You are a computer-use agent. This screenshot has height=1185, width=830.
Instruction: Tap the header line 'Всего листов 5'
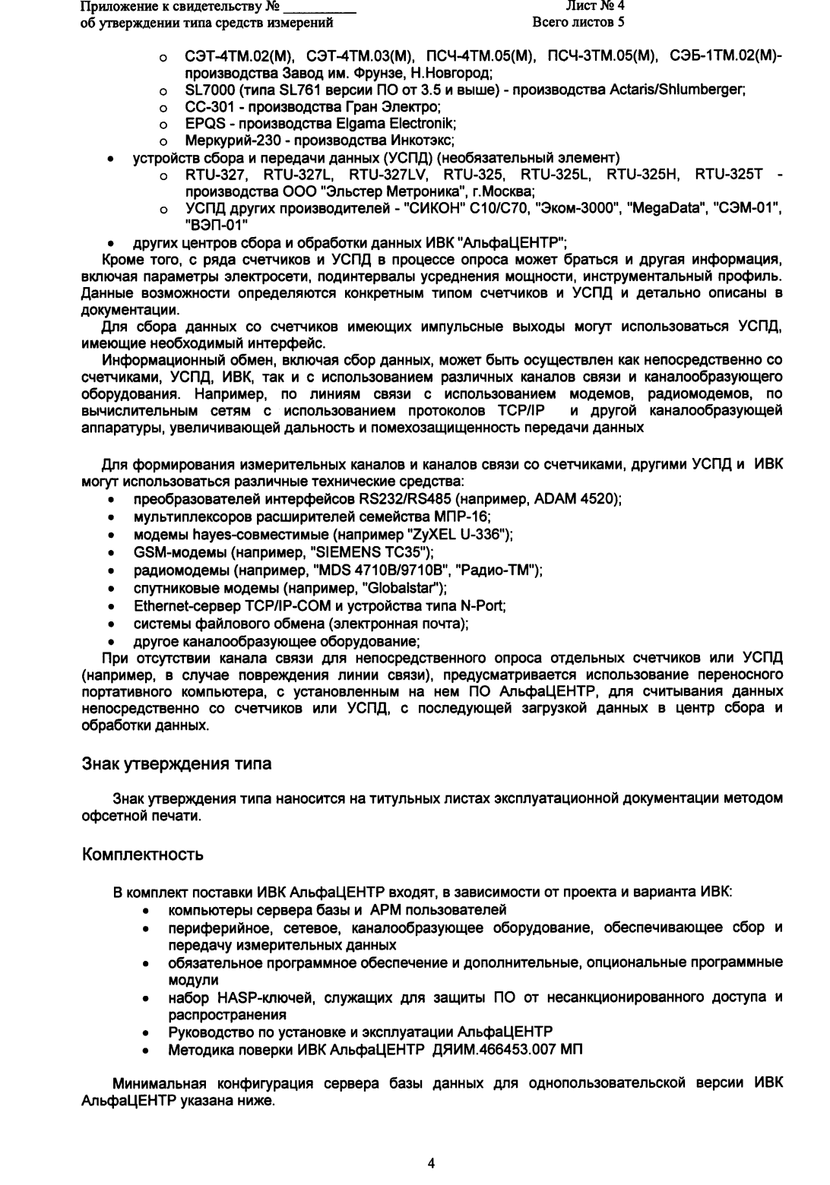tap(580, 22)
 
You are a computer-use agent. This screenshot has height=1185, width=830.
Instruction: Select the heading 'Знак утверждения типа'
tap(176, 764)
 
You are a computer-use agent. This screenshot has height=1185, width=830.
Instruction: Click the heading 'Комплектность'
tap(142, 855)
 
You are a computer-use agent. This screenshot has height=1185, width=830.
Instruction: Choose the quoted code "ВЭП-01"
tap(217, 226)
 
